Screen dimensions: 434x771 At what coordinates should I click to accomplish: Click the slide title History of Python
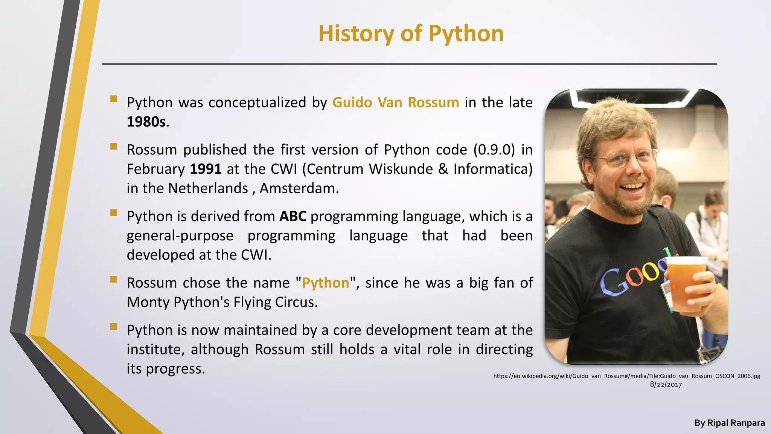411,34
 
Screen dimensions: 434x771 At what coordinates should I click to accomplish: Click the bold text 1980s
146,122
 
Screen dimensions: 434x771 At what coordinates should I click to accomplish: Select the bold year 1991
206,169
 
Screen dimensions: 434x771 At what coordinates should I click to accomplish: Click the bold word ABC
293,216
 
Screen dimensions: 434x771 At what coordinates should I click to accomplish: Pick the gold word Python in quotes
325,283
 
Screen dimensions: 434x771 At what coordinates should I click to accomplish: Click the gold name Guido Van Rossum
395,102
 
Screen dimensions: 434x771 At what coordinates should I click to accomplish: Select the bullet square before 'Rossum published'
114,146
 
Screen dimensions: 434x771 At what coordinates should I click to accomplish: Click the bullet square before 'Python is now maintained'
114,326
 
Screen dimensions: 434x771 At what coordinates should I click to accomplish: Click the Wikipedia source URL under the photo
626,376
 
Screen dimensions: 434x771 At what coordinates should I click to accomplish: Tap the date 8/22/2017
666,385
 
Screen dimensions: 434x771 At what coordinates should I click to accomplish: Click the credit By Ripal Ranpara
729,423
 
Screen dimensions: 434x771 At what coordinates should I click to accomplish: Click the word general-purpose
180,236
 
